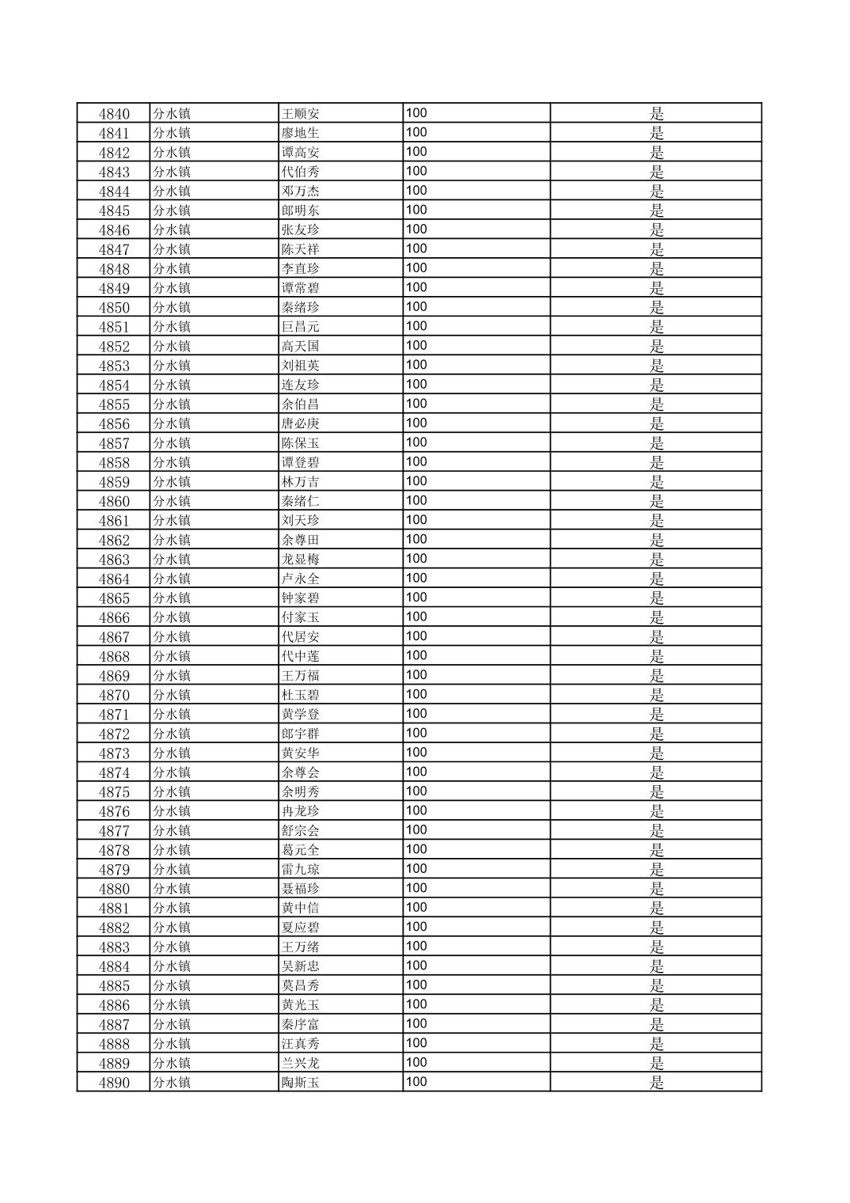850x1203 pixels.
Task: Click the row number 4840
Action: point(114,113)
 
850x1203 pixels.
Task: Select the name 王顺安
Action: point(301,113)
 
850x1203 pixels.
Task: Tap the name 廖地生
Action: point(301,133)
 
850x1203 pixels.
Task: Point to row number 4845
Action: point(114,211)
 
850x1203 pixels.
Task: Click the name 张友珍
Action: point(301,230)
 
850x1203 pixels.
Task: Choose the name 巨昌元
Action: point(301,327)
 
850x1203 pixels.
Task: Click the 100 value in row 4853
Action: point(416,365)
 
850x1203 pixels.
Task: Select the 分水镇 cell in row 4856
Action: point(172,423)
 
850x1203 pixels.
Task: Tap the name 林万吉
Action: point(301,482)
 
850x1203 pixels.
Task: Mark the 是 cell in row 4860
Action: point(656,501)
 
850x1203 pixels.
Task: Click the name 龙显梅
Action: point(301,560)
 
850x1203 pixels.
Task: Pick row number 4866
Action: point(114,617)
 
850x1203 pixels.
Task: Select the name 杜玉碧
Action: point(301,695)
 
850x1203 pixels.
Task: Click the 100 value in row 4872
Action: point(416,733)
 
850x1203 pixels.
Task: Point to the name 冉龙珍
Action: point(301,811)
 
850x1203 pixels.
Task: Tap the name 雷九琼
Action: point(301,869)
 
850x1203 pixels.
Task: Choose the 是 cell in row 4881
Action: point(656,908)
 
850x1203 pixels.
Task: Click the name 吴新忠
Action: point(301,966)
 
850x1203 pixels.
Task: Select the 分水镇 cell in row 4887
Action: point(172,1024)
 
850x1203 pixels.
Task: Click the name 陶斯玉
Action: point(301,1083)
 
